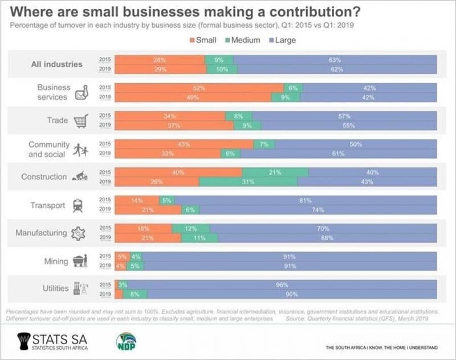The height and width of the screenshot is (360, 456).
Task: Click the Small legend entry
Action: pos(204,41)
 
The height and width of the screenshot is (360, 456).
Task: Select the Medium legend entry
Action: pos(246,41)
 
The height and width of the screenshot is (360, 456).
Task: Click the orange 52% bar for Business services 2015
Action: pos(199,87)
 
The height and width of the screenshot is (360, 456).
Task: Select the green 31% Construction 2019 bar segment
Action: pos(248,182)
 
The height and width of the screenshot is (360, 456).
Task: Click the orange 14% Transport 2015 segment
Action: pos(137,200)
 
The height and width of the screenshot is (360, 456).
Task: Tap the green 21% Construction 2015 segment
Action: pos(275,172)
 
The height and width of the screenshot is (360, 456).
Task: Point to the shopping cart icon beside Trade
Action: pos(82,120)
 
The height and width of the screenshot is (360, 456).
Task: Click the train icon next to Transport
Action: pos(78,205)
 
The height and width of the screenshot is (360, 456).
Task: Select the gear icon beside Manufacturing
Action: pos(78,233)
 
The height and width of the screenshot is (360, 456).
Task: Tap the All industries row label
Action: pos(56,64)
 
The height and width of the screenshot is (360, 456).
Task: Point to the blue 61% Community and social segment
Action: pos(339,154)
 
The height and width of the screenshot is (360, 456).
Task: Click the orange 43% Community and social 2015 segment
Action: pos(184,144)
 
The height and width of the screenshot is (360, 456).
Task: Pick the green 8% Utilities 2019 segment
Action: pos(135,294)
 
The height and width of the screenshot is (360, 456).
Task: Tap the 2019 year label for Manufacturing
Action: pos(105,238)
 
